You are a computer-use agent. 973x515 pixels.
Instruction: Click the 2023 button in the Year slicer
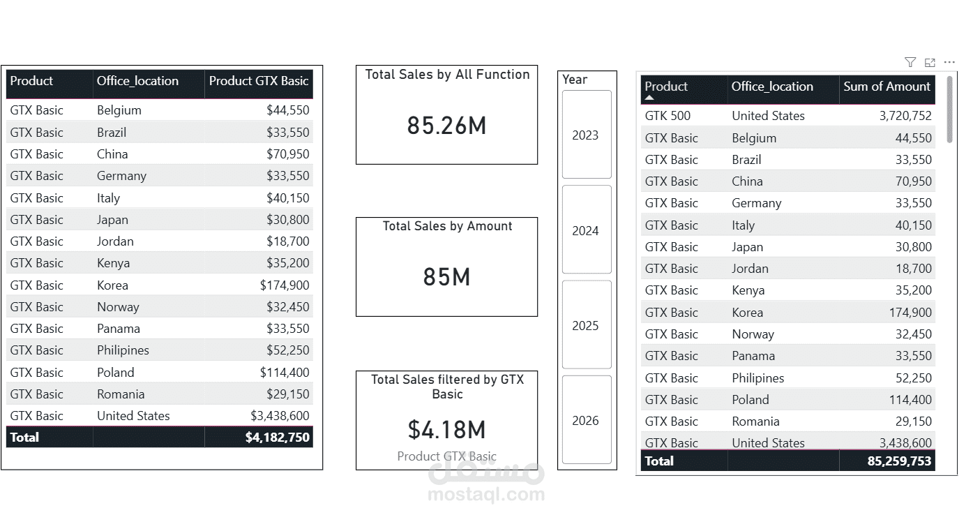[x=587, y=135]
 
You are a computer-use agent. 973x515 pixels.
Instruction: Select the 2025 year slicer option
[x=587, y=325]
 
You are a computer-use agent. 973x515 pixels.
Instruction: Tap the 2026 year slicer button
[x=587, y=420]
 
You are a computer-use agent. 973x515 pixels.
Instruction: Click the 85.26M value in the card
[x=446, y=126]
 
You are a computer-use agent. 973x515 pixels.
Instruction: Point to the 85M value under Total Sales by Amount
[x=446, y=277]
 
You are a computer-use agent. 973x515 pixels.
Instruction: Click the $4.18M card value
[x=446, y=429]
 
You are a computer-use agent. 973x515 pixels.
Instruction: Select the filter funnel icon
[x=910, y=63]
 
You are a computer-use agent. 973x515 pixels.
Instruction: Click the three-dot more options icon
[x=949, y=63]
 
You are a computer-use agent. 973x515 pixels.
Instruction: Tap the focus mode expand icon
[x=930, y=63]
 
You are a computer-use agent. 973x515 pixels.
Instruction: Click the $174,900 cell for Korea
[x=285, y=285]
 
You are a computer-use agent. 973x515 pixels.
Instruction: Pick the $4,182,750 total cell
[x=277, y=438]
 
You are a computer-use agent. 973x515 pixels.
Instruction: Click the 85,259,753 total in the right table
[x=899, y=461]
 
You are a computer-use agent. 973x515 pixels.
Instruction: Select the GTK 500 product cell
[x=667, y=116]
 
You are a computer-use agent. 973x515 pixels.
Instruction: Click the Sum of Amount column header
[x=887, y=87]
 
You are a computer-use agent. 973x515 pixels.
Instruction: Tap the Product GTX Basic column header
[x=259, y=81]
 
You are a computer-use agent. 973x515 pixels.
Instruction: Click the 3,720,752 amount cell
[x=905, y=116]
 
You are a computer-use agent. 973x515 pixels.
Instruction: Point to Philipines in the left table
[x=123, y=350]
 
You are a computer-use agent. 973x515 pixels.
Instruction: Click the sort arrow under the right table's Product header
[x=649, y=98]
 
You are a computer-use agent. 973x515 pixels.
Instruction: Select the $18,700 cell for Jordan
[x=287, y=241]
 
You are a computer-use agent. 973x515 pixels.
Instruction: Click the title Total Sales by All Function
[x=447, y=74]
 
